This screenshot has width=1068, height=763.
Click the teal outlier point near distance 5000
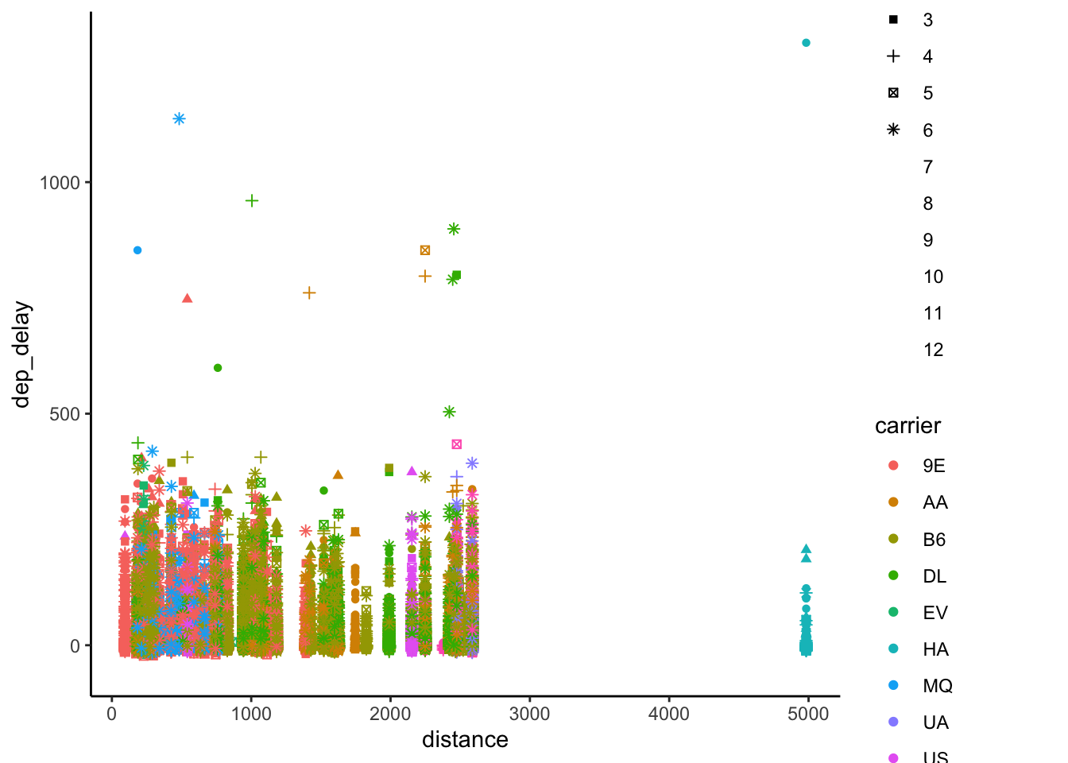(806, 43)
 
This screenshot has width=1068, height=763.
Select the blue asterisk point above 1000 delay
(180, 119)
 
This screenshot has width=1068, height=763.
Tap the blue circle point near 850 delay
(137, 250)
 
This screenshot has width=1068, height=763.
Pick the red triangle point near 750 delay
(188, 298)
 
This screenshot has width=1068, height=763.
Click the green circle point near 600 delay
(218, 368)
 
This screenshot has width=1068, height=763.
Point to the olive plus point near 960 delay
(252, 201)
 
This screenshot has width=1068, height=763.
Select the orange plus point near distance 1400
(309, 293)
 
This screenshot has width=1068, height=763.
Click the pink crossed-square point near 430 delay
(457, 444)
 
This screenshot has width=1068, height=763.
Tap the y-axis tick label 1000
(60, 183)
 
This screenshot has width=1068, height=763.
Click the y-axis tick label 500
(65, 414)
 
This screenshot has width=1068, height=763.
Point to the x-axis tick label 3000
(529, 714)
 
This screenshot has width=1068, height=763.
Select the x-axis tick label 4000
(669, 714)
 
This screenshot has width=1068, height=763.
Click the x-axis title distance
(465, 740)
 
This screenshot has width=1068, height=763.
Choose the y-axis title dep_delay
(21, 354)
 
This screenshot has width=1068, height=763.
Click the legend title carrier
(907, 426)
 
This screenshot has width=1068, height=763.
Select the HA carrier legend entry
(935, 649)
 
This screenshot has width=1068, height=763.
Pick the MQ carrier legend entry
(937, 686)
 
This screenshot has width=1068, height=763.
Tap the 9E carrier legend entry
(934, 466)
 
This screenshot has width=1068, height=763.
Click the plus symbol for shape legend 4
(893, 56)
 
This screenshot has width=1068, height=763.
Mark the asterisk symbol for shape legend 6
(893, 130)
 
